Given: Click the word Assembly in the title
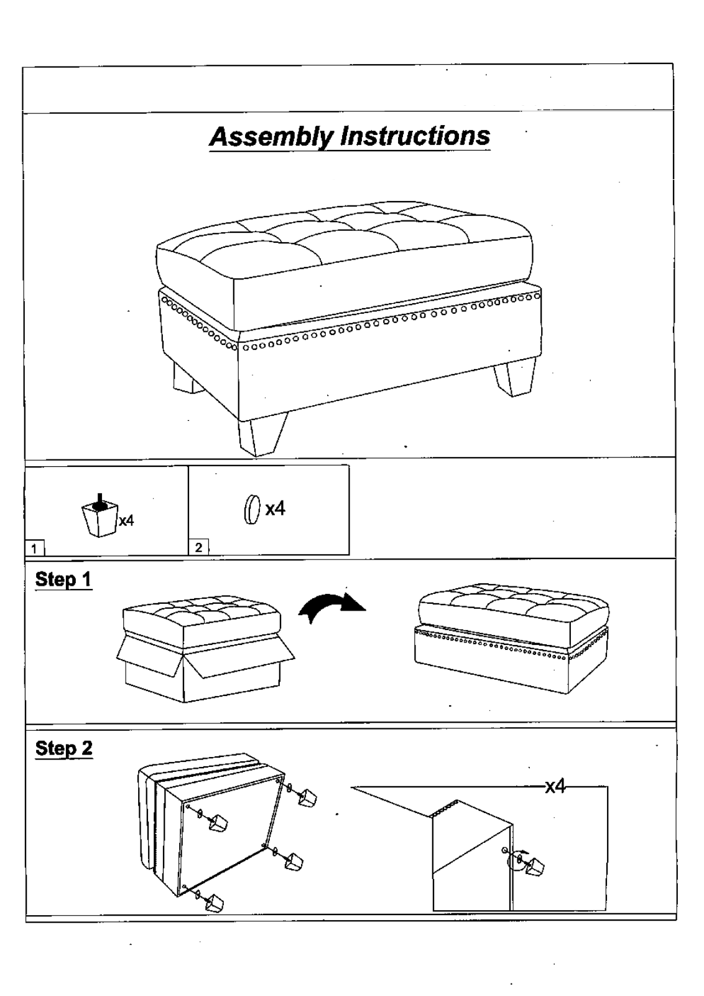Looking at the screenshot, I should [272, 136].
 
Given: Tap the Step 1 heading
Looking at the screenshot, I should [63, 580].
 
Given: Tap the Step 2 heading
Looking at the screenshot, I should [63, 748].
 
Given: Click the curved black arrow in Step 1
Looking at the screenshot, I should [331, 608].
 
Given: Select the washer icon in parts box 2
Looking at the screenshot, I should [252, 510].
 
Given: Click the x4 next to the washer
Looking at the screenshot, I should [275, 509].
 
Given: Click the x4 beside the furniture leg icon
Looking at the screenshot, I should [126, 520].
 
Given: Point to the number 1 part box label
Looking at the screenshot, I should [35, 548].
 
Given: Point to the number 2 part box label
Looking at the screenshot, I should [198, 548].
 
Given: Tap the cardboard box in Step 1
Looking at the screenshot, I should [205, 669].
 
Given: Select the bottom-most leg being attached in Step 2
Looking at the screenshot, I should [215, 903].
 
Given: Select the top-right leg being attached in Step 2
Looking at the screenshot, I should [307, 798].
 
